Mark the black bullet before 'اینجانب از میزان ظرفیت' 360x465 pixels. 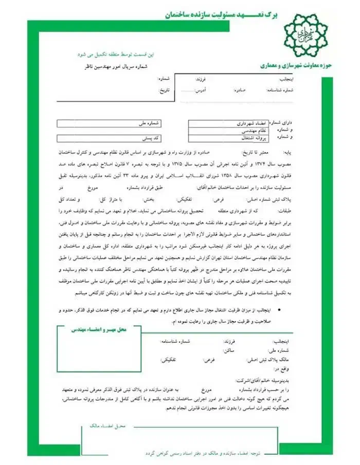coord(278,311)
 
